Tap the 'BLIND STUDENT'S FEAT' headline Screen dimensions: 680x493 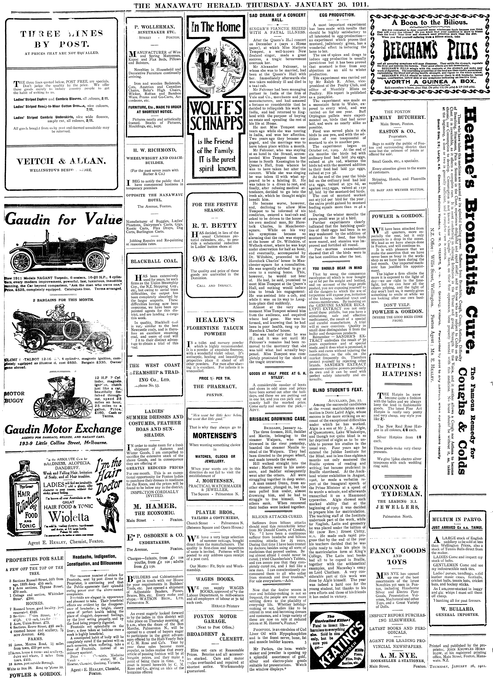pyautogui.click(x=337, y=390)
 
